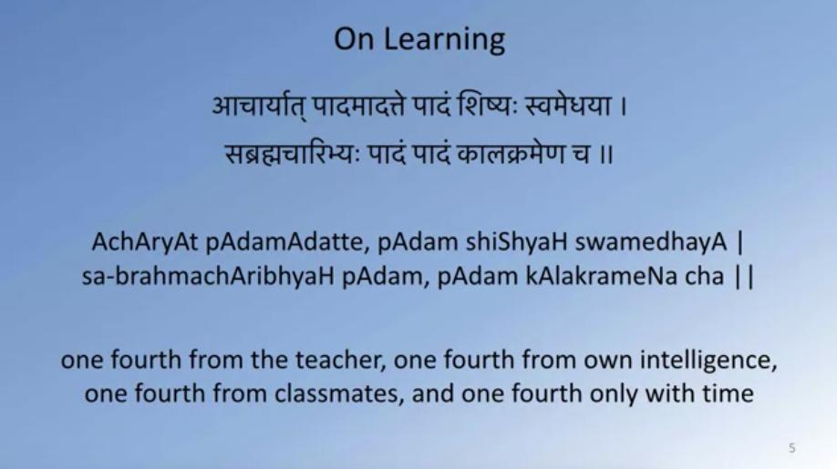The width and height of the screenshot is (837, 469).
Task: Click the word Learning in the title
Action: click(x=444, y=40)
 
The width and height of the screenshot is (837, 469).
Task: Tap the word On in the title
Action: click(x=354, y=39)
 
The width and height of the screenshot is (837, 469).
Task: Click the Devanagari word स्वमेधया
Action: click(x=568, y=106)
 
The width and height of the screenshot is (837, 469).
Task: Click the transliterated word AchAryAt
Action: click(x=145, y=243)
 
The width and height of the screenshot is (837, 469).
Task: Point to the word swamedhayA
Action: click(x=651, y=243)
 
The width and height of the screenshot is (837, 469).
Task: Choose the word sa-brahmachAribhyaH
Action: click(x=208, y=277)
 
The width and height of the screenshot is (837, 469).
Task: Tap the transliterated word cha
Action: click(x=704, y=277)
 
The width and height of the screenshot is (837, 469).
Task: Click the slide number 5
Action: click(x=792, y=448)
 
